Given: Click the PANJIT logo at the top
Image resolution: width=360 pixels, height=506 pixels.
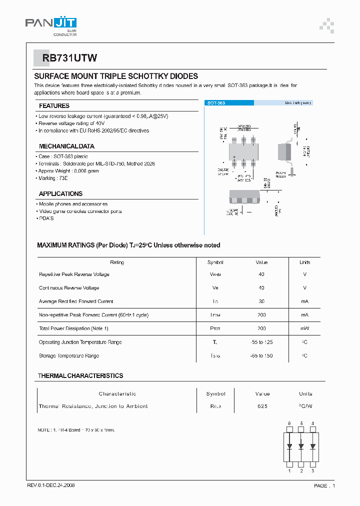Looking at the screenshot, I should point(51,23).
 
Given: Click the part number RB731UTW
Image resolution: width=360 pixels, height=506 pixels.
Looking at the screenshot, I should point(62,58).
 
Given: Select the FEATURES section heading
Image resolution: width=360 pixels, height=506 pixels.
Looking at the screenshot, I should point(54,106).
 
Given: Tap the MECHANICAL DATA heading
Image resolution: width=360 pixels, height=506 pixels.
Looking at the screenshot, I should point(66,146).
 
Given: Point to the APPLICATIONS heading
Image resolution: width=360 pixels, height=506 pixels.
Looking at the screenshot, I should point(60,193).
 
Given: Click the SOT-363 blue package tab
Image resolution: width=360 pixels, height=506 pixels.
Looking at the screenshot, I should point(229,102).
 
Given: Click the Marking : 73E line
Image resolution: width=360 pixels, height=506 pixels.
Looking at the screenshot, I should point(53,178).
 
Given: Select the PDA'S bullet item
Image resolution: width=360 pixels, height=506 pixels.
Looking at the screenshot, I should point(46,218).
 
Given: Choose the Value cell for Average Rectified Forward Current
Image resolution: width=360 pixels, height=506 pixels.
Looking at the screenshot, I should point(261,301).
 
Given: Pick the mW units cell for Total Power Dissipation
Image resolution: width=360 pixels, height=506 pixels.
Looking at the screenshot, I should point(304,328).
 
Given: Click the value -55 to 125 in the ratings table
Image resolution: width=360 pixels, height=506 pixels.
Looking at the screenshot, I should point(261,342).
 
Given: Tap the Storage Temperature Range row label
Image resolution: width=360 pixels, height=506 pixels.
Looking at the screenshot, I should point(69,355).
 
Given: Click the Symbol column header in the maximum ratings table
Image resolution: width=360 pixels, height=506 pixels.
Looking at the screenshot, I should point(215,262).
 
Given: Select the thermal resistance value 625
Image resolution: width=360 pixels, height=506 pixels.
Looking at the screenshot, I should point(262,406).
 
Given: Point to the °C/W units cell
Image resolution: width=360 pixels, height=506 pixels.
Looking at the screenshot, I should point(305,406).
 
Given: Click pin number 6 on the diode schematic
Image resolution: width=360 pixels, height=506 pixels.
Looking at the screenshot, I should point(289,423).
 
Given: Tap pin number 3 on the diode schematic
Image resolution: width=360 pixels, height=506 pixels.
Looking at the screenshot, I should point(313,470).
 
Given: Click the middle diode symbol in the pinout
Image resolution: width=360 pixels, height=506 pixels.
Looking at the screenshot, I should point(301,446).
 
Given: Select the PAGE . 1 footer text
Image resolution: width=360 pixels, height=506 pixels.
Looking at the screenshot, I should point(324,485).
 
